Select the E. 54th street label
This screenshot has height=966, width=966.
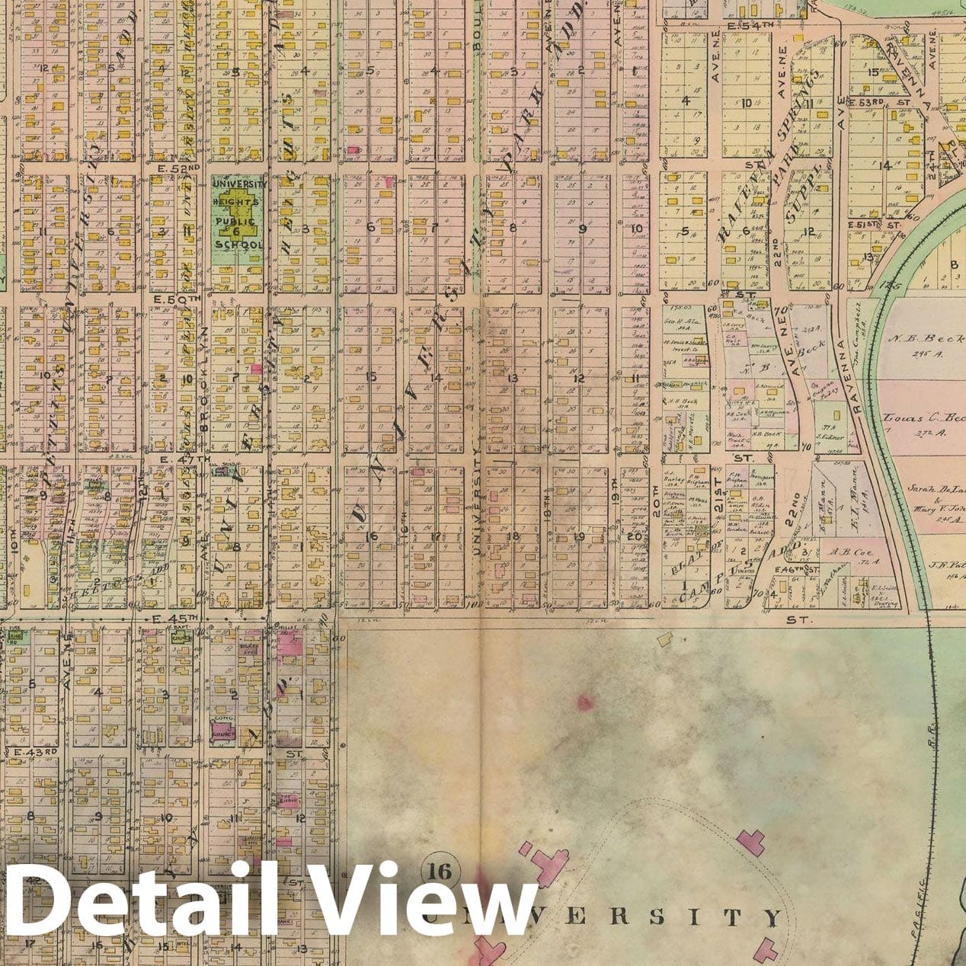751,27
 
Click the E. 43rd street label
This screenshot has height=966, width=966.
37,751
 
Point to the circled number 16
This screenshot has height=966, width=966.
440,870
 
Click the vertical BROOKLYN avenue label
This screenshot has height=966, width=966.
204,381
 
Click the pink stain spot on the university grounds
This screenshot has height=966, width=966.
586,702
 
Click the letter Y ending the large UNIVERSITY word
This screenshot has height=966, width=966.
775,917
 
